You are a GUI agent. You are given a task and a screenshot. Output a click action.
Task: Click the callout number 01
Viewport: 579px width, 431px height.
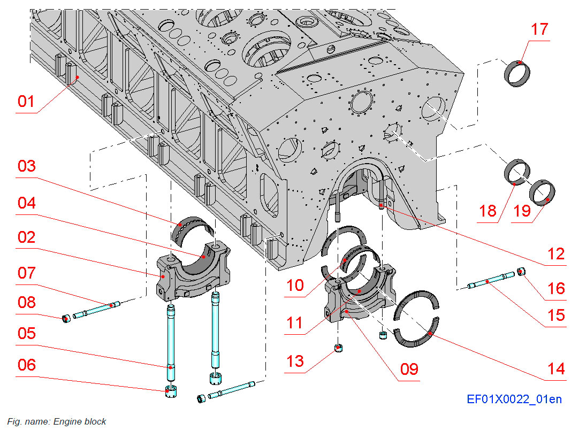coord(26,101)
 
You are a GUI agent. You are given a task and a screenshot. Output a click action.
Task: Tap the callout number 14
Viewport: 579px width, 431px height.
coord(556,368)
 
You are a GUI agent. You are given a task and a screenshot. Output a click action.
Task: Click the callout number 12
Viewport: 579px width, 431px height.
coord(556,254)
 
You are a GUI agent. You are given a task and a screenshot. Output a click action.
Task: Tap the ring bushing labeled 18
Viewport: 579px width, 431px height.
coord(517,171)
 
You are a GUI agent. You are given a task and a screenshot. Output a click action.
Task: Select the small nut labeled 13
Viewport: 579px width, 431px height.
coord(338,349)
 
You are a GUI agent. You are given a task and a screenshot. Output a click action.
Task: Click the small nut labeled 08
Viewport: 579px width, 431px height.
coord(66,320)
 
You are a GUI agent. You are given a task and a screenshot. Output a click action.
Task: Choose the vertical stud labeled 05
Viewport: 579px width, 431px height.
coord(170,337)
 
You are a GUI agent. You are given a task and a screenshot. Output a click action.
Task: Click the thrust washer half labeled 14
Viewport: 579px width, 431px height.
coord(416,334)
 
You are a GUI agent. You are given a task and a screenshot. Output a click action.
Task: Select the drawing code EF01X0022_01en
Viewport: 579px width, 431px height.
coord(514,399)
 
